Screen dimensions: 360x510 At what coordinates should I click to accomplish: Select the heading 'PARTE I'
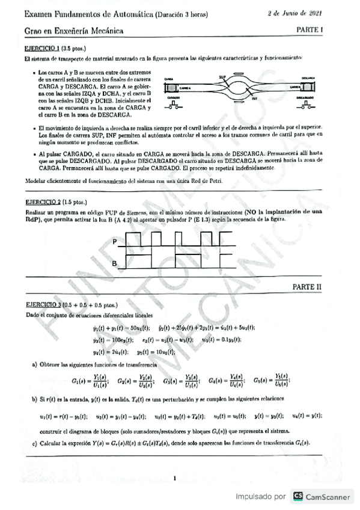point(309,29)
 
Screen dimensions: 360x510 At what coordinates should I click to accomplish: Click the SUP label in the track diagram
point(222,78)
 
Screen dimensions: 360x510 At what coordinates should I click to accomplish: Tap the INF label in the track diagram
point(254,99)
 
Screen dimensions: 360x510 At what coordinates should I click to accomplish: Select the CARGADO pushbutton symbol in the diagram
point(174,106)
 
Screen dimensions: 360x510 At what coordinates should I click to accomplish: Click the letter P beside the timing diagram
point(115,242)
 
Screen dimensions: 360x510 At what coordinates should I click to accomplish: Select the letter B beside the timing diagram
point(115,263)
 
